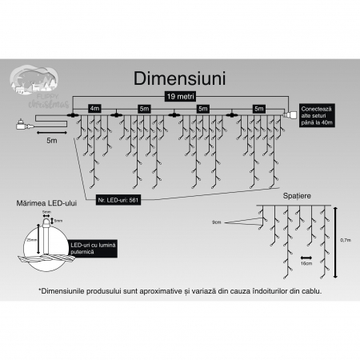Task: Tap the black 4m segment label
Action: (94, 106)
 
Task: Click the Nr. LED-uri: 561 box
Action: (118, 198)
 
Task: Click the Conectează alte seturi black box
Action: (314, 114)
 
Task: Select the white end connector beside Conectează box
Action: (289, 117)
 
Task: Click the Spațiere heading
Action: (295, 194)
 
